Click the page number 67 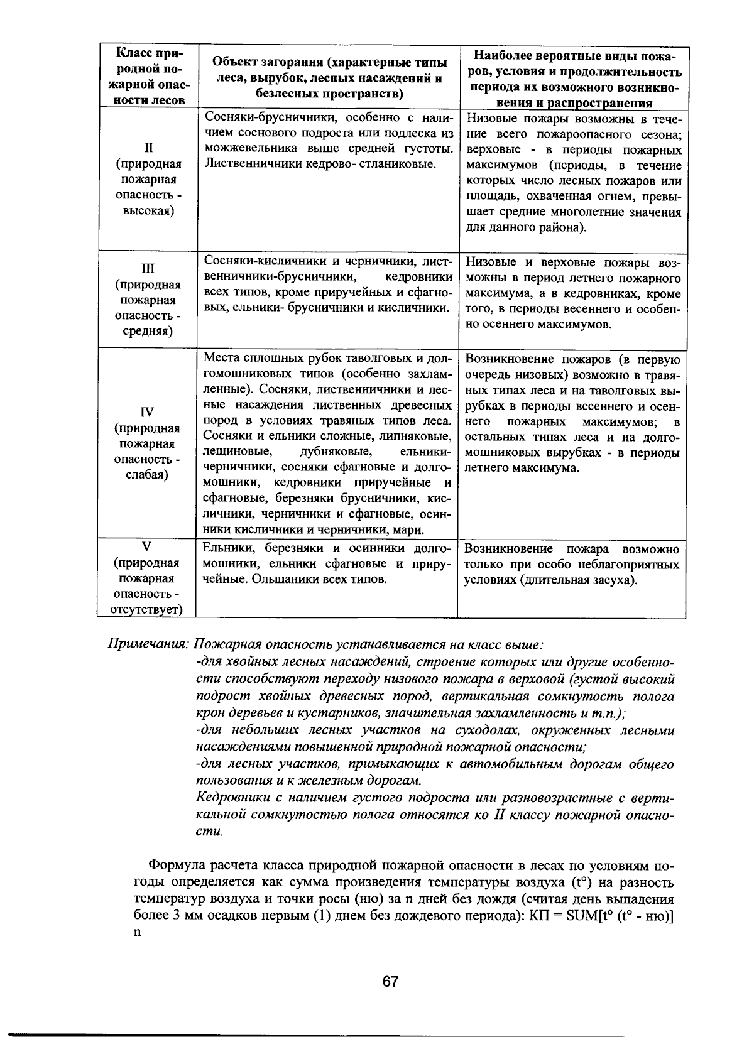pyautogui.click(x=390, y=981)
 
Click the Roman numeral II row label pyautogui.click(x=148, y=148)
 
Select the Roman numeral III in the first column pyautogui.click(x=148, y=269)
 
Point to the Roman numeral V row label pyautogui.click(x=148, y=547)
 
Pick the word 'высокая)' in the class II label pyautogui.click(x=148, y=210)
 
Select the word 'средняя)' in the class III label pyautogui.click(x=148, y=331)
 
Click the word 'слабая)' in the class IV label pyautogui.click(x=148, y=474)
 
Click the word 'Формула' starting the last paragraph pyautogui.click(x=173, y=866)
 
